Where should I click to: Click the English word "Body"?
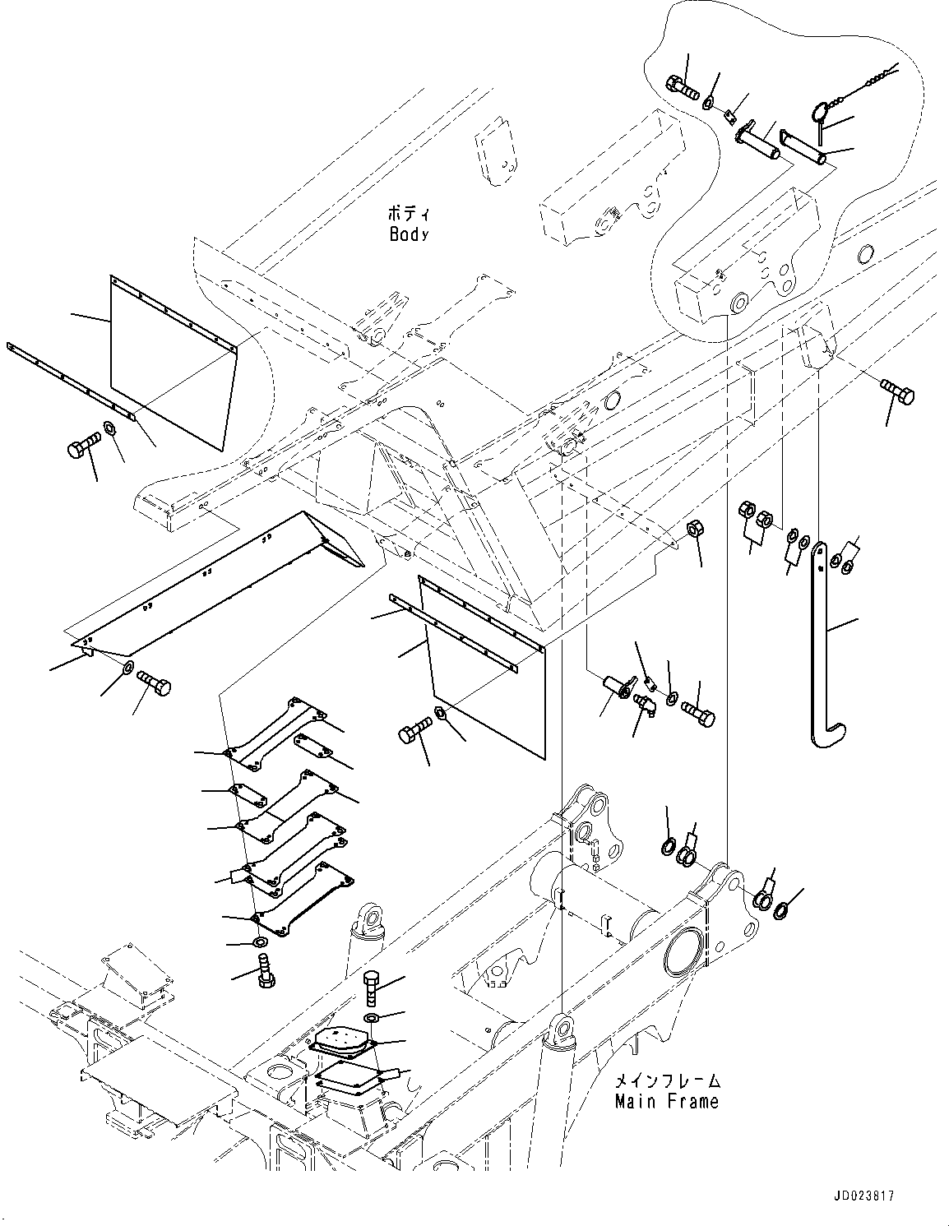[x=409, y=234]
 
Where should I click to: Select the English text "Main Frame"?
[x=666, y=1101]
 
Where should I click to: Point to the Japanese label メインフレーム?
[x=667, y=1080]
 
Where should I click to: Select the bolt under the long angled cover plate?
[x=153, y=682]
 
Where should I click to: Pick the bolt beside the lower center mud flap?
[x=417, y=731]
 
